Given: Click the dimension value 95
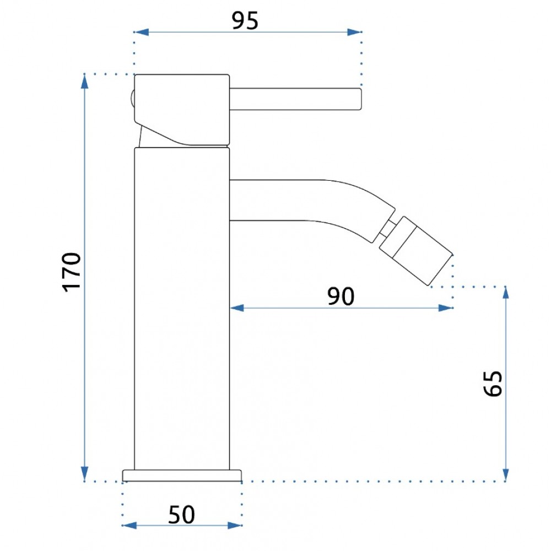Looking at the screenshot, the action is point(245,20).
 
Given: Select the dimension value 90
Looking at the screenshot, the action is point(341,296).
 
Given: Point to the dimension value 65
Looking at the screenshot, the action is point(493,383).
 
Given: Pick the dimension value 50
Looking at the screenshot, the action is point(181,515).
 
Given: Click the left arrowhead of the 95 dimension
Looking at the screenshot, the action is point(141,32).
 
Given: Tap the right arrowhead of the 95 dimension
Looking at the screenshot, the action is point(354,32).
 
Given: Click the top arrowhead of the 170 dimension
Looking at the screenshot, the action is point(84,82).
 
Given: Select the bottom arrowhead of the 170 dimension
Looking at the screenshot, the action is point(84,474).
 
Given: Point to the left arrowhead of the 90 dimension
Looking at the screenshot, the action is point(237,308).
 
